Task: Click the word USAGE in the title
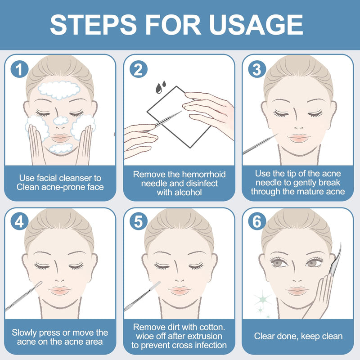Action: pos(256,25)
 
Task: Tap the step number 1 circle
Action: pos(19,69)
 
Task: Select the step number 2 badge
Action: pos(139,69)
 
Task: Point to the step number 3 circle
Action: pos(257,69)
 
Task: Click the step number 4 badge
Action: pos(19,221)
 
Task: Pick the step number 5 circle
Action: pos(139,221)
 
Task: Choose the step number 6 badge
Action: pos(257,221)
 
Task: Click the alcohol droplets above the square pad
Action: pos(161,87)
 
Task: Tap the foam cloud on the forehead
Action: pos(59,90)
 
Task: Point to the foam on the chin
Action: pos(61,148)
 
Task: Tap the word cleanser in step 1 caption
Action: pos(73,178)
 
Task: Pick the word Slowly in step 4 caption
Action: pos(24,333)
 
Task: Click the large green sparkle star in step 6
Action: pos(263,298)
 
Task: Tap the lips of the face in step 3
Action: pos(299,138)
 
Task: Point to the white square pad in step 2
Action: pos(179,117)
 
